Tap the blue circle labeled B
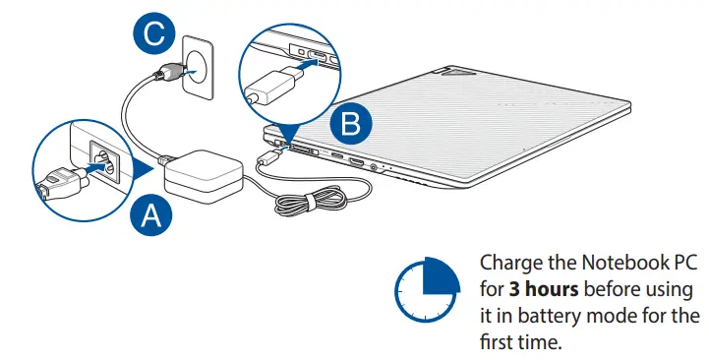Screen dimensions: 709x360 pos(351,123)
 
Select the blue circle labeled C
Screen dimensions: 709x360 pos(154,33)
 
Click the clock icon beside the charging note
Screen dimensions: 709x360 pos(428,289)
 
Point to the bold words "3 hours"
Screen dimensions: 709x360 pos(544,289)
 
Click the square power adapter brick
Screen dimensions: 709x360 pos(204,176)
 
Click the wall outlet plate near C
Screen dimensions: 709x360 pos(198,68)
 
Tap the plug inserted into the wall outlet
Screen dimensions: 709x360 pos(167,73)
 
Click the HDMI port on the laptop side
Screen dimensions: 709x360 pos(355,161)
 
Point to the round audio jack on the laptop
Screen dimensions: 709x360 pos(375,167)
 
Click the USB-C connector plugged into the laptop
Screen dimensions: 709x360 pos(271,156)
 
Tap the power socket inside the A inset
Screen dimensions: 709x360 pos(105,162)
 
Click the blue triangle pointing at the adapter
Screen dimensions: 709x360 pos(144,170)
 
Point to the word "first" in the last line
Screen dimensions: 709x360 pos(496,342)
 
